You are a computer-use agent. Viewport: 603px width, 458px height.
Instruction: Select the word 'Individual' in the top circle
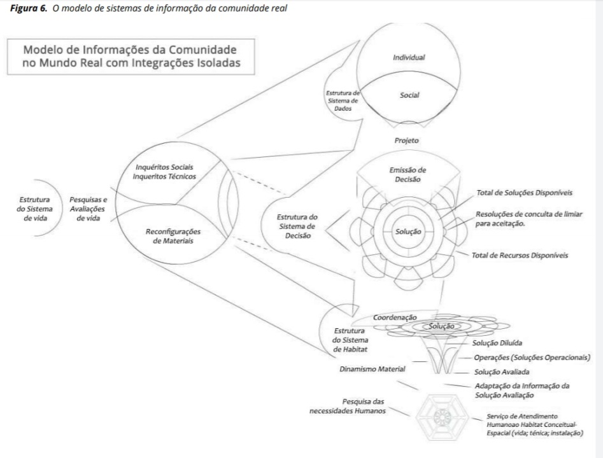pyautogui.click(x=409, y=57)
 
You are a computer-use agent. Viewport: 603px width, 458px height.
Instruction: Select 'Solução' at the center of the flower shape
pyautogui.click(x=409, y=231)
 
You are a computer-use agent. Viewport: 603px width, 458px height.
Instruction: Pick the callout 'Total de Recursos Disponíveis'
pyautogui.click(x=520, y=255)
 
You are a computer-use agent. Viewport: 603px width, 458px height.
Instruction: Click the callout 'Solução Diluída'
pyautogui.click(x=499, y=342)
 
